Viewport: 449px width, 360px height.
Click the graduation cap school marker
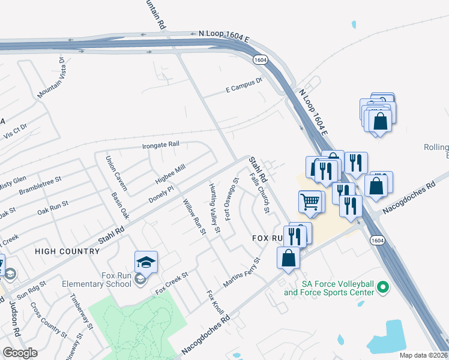[x=146, y=262]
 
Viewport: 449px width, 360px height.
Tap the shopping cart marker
[x=311, y=202]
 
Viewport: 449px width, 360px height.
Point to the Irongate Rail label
[x=161, y=145]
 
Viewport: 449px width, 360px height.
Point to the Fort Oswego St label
[x=232, y=199]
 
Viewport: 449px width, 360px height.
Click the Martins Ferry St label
[x=241, y=272]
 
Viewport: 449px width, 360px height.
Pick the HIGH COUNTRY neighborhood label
[x=65, y=251]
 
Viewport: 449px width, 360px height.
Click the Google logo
[x=20, y=353]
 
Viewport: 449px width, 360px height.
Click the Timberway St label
[x=82, y=312]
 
